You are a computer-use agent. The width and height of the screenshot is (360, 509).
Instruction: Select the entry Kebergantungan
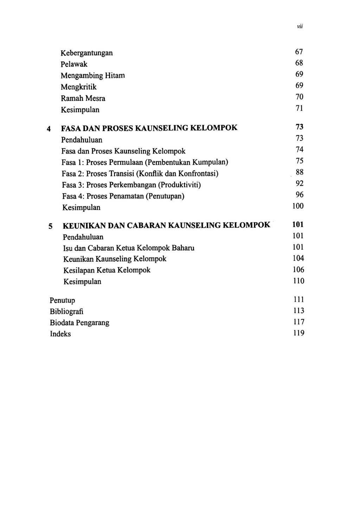pyautogui.click(x=86, y=53)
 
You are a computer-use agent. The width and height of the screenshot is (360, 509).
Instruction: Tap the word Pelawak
pyautogui.click(x=74, y=64)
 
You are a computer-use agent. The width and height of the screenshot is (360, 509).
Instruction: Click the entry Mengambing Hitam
pyautogui.click(x=93, y=76)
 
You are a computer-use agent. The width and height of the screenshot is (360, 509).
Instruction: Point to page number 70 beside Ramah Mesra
pyautogui.click(x=299, y=97)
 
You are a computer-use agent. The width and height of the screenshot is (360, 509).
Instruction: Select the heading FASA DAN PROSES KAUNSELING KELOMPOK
pyautogui.click(x=149, y=128)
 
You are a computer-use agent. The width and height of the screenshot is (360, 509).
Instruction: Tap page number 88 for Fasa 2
pyautogui.click(x=300, y=172)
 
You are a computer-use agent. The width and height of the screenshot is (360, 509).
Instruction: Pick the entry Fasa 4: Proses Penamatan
pyautogui.click(x=123, y=196)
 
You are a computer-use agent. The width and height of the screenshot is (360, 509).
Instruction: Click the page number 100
pyautogui.click(x=298, y=206)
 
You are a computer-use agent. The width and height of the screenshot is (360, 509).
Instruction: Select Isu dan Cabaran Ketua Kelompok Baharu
pyautogui.click(x=129, y=248)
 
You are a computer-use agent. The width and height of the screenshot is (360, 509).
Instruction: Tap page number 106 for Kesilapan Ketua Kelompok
pyautogui.click(x=298, y=270)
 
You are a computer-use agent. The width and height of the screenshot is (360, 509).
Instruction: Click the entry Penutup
pyautogui.click(x=62, y=300)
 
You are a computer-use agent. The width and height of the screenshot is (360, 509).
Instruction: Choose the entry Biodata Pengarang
pyautogui.click(x=79, y=322)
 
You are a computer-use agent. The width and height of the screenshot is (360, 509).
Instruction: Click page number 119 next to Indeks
pyautogui.click(x=298, y=333)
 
